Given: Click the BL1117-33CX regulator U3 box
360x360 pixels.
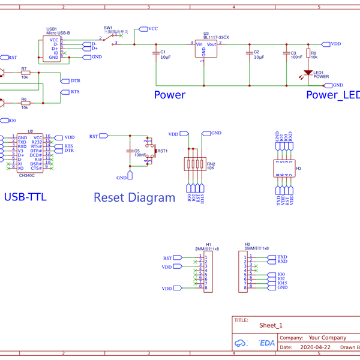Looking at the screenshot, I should tap(204, 49).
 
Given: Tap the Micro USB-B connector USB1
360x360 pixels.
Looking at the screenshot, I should tap(51, 49).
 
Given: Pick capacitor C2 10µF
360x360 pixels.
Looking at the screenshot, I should tap(249, 55).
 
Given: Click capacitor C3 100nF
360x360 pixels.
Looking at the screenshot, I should tap(286, 55).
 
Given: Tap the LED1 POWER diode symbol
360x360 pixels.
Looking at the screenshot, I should tap(307, 74).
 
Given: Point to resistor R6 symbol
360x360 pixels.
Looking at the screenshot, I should tap(25, 103).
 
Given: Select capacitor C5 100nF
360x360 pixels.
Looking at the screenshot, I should tap(130, 152).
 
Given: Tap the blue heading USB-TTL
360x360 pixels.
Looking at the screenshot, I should tap(25, 197).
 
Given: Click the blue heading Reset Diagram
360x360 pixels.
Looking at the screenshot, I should tap(134, 197).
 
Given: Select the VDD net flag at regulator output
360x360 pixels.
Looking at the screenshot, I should tap(334, 44).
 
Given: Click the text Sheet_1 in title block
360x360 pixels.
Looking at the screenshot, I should tap(271, 326).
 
